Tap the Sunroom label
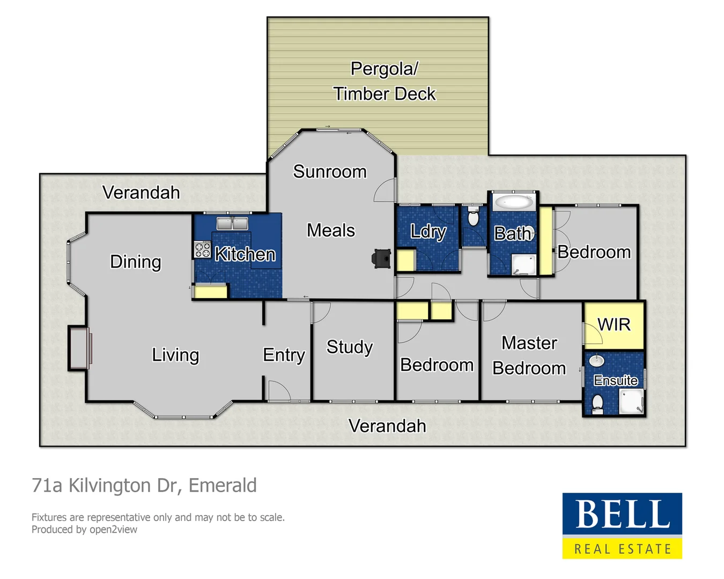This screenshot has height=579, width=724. click(330, 172)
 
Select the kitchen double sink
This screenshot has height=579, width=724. click(232, 223)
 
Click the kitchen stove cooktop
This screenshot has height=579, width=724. click(203, 250)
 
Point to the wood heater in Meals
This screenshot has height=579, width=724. click(382, 258)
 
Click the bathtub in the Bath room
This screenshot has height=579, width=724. click(513, 203)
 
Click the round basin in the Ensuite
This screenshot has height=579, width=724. click(597, 361)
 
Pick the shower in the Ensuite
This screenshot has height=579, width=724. click(631, 402)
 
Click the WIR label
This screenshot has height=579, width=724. click(614, 324)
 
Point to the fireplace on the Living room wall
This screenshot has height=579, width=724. click(79, 348)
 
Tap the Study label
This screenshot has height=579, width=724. click(350, 347)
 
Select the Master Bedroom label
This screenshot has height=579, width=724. click(529, 355)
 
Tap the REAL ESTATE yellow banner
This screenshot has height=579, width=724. click(622, 549)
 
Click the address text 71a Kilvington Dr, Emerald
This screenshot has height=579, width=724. click(144, 485)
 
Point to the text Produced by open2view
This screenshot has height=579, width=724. click(84, 530)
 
